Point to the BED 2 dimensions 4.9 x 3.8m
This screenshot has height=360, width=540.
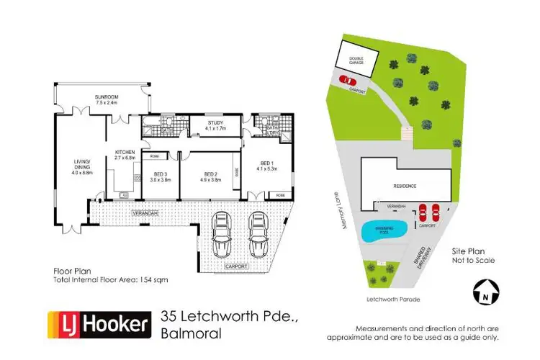210,179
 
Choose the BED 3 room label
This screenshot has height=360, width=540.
160,174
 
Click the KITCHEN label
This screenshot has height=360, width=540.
125,152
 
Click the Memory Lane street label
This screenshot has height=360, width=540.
335,214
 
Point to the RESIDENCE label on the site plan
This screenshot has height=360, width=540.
405,186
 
